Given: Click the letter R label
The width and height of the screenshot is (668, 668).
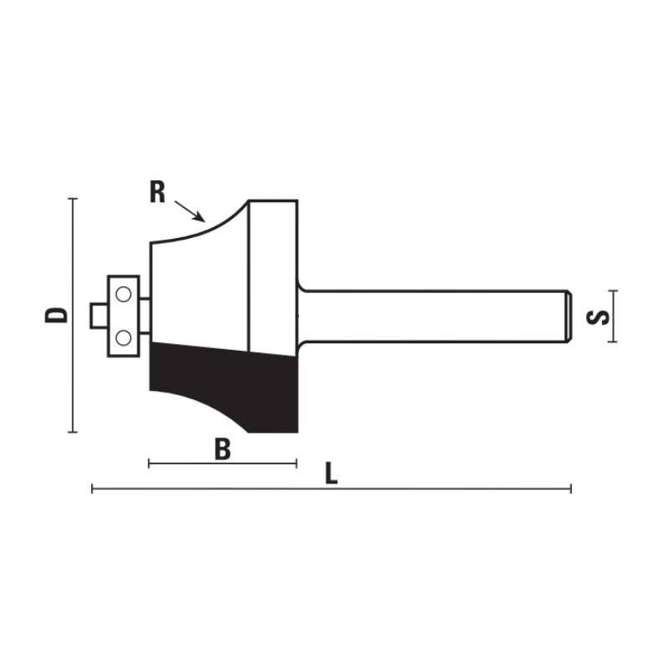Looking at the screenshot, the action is point(157,192).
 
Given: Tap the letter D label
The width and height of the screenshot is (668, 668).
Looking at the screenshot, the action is point(56,315).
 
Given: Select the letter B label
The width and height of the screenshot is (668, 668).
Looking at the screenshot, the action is point(223,449).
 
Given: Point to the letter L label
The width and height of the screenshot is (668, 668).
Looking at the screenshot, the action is point(331,473).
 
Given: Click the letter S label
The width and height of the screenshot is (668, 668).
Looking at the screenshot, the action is point(598,317).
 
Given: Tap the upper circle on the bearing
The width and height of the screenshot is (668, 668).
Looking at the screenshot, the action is point(124,294).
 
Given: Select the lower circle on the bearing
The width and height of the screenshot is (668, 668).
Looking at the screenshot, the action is point(124,338).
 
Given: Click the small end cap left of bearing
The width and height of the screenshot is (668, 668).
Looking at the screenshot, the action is point(99,316).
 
